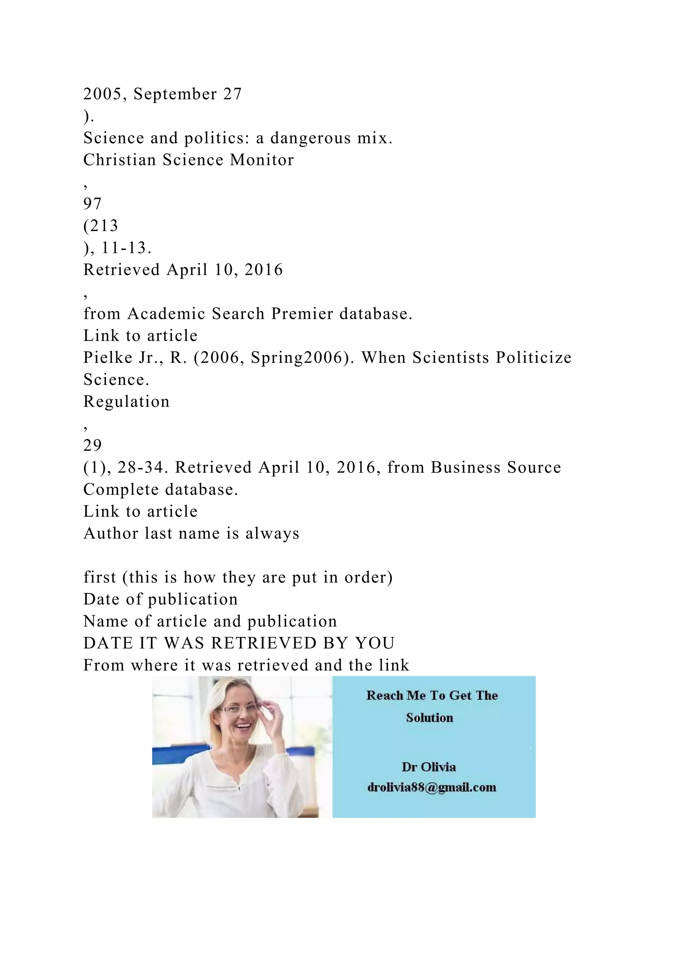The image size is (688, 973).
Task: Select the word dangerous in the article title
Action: click(x=310, y=138)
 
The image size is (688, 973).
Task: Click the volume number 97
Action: click(x=92, y=204)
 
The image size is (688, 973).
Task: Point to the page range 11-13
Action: click(x=126, y=248)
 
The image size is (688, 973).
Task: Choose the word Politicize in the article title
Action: click(x=534, y=358)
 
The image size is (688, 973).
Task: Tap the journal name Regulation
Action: click(x=126, y=402)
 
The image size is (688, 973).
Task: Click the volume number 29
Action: click(x=92, y=446)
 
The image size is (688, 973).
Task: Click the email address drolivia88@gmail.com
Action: click(x=432, y=788)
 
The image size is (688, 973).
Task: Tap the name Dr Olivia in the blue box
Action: click(x=429, y=767)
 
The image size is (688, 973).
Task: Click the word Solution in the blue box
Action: click(x=430, y=718)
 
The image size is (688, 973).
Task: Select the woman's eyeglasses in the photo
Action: click(x=240, y=709)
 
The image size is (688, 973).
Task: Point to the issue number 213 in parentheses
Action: click(x=103, y=226)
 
